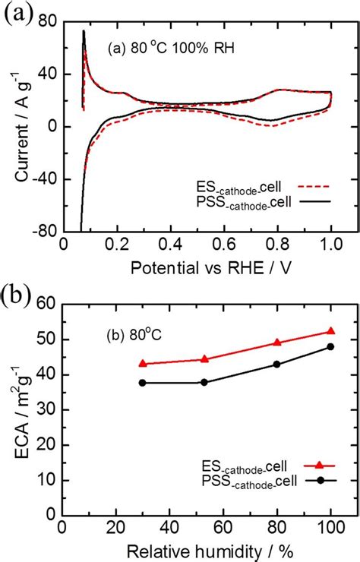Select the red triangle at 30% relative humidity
(x=142, y=364)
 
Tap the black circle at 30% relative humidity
(x=142, y=383)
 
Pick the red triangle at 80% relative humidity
(x=277, y=343)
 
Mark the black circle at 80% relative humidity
(x=277, y=365)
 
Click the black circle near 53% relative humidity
(x=204, y=382)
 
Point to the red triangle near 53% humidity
(x=204, y=359)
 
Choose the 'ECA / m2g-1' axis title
(x=21, y=409)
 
